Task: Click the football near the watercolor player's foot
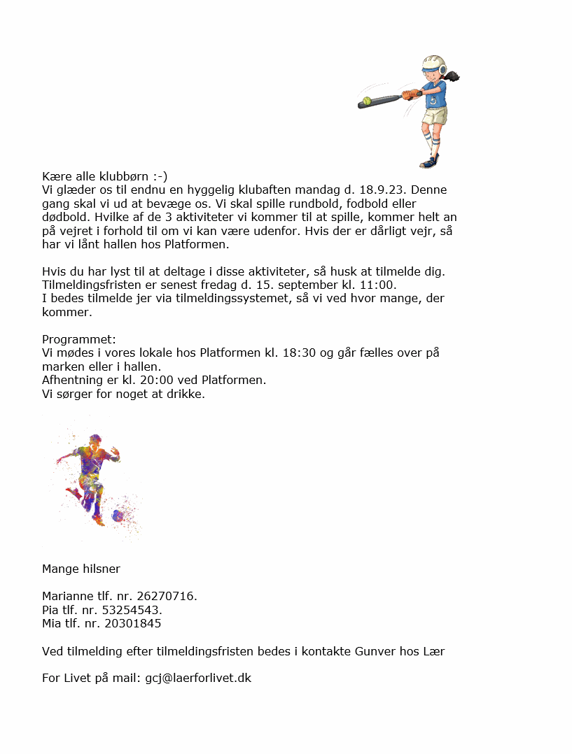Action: [x=118, y=515]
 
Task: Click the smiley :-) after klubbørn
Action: [x=160, y=176]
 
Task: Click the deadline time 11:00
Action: [x=381, y=285]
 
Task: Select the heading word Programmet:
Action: [x=79, y=339]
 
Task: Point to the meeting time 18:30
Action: [x=298, y=353]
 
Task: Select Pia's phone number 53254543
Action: [x=132, y=610]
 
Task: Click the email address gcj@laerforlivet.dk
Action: [x=198, y=678]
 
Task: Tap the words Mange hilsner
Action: [x=81, y=569]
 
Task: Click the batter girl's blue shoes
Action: [x=428, y=162]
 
